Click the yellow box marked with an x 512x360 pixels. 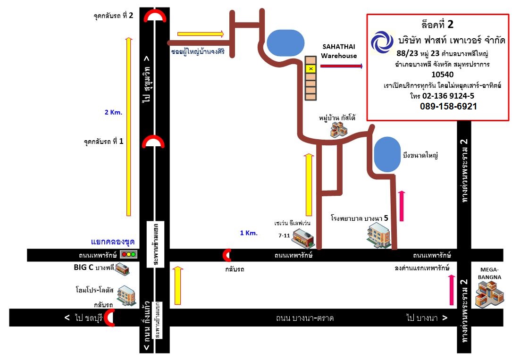point(311,69)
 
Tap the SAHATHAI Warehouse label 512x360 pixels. point(339,51)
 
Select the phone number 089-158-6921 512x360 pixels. point(448,107)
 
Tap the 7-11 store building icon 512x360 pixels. point(302,238)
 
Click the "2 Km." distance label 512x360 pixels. point(113,112)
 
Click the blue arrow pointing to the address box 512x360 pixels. point(341,67)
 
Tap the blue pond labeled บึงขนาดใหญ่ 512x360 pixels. point(386,154)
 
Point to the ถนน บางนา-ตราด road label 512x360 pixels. point(305,318)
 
